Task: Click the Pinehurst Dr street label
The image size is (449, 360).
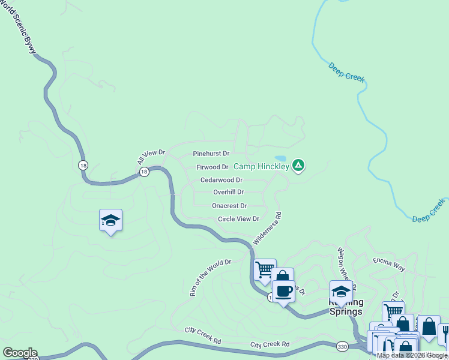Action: pos(211,154)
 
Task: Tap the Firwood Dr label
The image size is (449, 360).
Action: pos(212,167)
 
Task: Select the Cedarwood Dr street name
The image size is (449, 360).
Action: pos(221,180)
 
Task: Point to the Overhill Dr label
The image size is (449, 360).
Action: pos(228,193)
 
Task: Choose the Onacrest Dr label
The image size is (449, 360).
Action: pos(229,206)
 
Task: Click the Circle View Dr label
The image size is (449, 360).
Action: pos(238,219)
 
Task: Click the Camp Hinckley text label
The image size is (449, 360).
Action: pos(261,166)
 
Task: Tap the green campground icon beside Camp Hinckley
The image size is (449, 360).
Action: pos(298,165)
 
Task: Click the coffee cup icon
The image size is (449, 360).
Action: pos(283,292)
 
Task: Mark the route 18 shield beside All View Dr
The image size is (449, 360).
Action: pos(144,172)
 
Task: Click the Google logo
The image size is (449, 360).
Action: pos(19,353)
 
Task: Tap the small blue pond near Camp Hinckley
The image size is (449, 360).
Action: pos(280,159)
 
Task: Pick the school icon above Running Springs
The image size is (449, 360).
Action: pos(341,292)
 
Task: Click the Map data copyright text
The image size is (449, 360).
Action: pos(412,355)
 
